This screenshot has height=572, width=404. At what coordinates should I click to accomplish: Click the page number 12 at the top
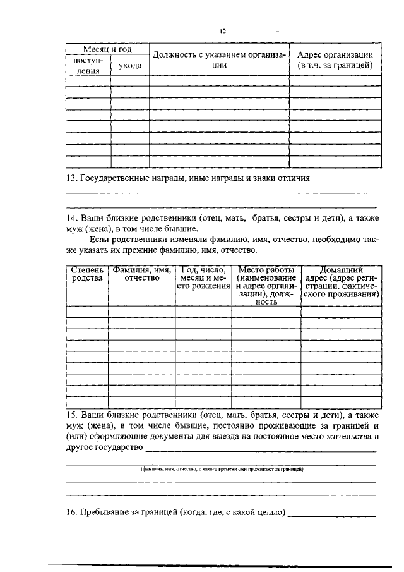[223, 31]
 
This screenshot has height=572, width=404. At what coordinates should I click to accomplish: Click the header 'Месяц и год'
[107, 49]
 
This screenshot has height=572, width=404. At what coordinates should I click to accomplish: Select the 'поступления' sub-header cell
[88, 66]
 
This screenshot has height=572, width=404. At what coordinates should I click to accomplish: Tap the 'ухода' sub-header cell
[130, 66]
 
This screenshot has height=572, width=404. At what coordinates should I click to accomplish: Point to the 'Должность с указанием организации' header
[219, 59]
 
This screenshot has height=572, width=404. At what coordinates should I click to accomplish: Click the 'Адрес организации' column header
[335, 59]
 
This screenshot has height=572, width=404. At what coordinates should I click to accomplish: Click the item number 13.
[71, 178]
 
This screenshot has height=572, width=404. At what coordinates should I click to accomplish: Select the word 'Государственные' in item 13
[111, 178]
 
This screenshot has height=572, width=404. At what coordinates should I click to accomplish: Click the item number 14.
[71, 218]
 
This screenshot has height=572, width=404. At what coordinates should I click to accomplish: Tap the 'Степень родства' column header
[86, 275]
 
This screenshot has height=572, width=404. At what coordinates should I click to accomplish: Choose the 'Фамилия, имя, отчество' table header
[141, 275]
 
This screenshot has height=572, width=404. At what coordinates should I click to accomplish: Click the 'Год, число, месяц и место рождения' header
[203, 279]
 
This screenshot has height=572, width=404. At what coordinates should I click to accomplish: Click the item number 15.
[71, 415]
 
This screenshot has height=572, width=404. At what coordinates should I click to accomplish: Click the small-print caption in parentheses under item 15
[221, 470]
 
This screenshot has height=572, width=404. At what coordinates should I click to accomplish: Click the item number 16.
[71, 512]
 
